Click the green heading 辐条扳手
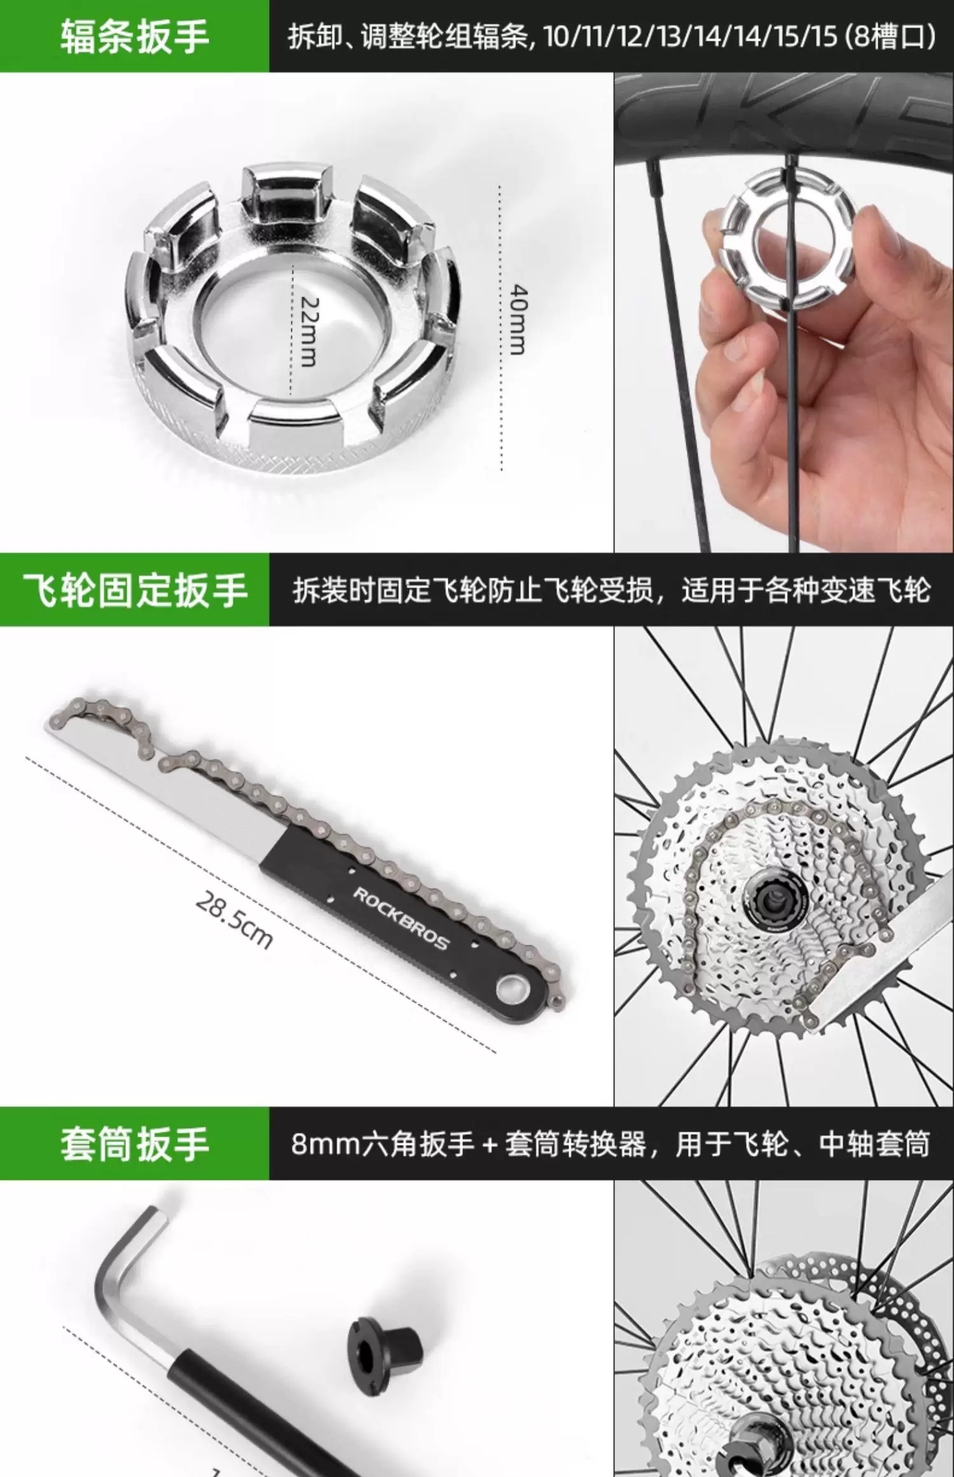[135, 36]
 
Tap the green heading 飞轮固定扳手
[135, 590]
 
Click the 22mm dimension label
[308, 331]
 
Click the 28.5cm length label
[233, 920]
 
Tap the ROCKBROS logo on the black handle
[401, 918]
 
